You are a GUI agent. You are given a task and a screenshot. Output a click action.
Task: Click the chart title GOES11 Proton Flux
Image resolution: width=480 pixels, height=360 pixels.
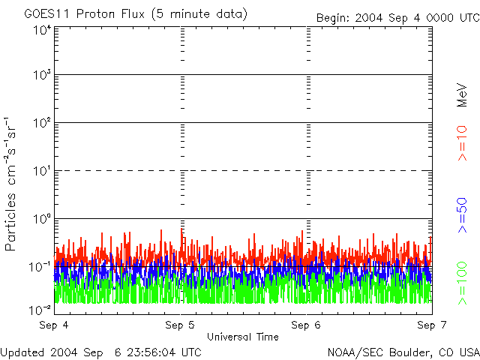point(136,13)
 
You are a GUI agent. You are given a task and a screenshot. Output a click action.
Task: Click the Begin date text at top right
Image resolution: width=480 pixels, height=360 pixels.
point(397,17)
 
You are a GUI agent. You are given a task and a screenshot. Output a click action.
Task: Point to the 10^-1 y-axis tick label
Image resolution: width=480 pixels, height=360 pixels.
point(41,266)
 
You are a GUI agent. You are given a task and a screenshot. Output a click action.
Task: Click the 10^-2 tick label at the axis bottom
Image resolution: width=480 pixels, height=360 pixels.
point(41,309)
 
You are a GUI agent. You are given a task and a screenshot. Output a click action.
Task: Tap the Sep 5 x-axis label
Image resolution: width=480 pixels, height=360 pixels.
point(180,325)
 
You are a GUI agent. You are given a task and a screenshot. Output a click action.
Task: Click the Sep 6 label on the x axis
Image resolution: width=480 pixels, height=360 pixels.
point(306,325)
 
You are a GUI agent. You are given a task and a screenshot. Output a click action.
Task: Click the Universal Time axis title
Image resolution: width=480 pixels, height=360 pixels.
point(242,337)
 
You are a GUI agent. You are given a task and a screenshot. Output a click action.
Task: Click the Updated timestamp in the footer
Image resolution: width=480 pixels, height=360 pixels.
point(101,352)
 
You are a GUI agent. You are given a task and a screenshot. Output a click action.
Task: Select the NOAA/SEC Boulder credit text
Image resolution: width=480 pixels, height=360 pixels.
point(403,352)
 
